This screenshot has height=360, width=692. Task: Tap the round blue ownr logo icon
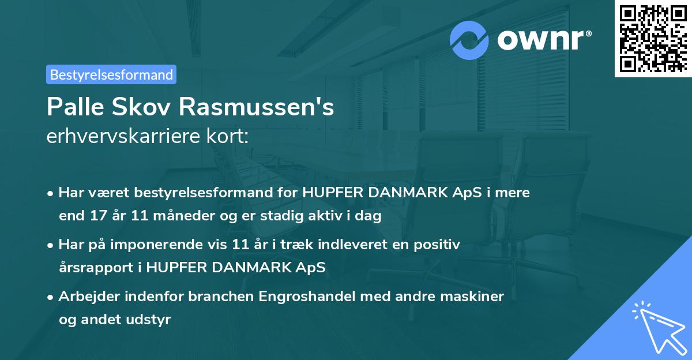469,40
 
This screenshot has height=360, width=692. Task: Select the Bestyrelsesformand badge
111,74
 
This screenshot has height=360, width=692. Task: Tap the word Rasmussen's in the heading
257,107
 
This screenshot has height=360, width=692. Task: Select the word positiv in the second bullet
438,245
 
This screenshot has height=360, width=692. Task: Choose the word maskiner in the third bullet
476,297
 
